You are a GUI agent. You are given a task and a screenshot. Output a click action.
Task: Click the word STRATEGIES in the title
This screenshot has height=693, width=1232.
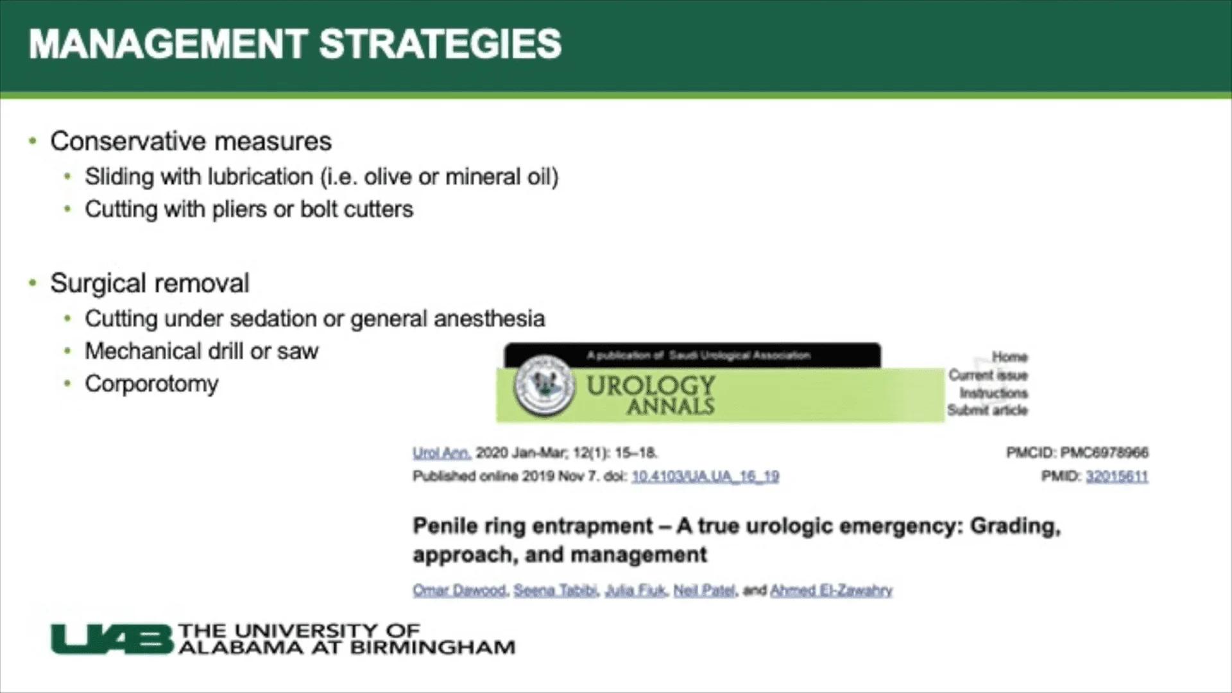pyautogui.click(x=440, y=45)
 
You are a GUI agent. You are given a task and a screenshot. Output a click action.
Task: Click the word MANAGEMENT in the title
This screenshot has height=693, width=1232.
pyautogui.click(x=168, y=45)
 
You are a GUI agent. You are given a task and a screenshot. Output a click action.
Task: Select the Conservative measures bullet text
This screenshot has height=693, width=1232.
pyautogui.click(x=191, y=142)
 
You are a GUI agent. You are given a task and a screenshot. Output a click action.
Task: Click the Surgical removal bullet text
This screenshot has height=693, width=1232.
pyautogui.click(x=150, y=284)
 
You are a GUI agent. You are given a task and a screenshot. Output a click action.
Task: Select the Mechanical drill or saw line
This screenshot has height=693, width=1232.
pyautogui.click(x=201, y=352)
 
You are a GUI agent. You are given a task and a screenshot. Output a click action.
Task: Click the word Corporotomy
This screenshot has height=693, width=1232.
pyautogui.click(x=151, y=384)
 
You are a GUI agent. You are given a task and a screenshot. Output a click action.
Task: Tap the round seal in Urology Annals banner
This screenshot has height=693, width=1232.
pyautogui.click(x=543, y=386)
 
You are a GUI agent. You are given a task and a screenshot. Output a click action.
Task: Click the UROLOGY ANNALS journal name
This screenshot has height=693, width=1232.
pyautogui.click(x=651, y=395)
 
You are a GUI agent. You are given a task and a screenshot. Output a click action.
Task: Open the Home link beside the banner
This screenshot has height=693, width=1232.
pyautogui.click(x=1009, y=357)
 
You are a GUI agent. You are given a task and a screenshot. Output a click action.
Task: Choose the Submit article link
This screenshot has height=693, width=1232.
pyautogui.click(x=988, y=411)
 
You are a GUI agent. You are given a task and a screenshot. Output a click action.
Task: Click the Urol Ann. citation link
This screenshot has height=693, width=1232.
pyautogui.click(x=441, y=453)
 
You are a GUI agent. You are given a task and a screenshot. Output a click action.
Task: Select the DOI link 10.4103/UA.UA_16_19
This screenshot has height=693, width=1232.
pyautogui.click(x=705, y=477)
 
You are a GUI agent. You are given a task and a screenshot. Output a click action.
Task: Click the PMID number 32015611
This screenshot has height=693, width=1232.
pyautogui.click(x=1116, y=477)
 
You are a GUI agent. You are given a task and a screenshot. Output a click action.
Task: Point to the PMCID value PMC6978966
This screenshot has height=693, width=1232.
pyautogui.click(x=1104, y=453)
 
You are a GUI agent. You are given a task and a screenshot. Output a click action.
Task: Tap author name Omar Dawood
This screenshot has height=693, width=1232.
pyautogui.click(x=459, y=590)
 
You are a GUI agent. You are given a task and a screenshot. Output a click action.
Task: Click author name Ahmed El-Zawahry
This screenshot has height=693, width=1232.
pyautogui.click(x=831, y=590)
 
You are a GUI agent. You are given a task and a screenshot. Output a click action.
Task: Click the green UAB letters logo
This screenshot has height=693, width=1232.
pyautogui.click(x=112, y=640)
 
